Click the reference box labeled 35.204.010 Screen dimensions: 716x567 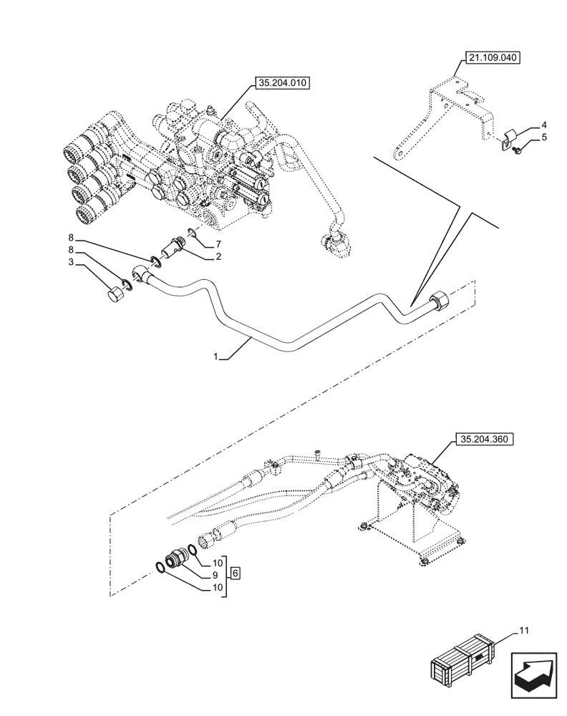[278, 84]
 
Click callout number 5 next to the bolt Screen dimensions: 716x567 [543, 136]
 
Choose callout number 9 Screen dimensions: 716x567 [213, 574]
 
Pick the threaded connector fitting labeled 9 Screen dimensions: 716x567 [175, 560]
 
